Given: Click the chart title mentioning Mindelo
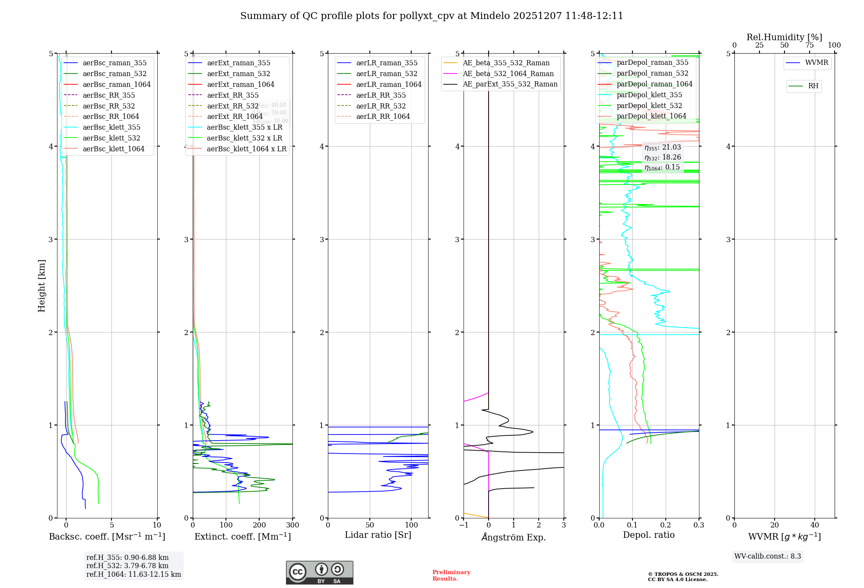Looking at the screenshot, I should (432, 16).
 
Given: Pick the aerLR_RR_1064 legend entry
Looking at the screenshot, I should (383, 117).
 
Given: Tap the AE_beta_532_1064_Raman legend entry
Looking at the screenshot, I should (508, 74).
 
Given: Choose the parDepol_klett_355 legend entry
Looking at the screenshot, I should (649, 95).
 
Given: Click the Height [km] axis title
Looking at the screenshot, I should (41, 286).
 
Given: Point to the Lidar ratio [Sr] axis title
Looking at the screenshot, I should (378, 535).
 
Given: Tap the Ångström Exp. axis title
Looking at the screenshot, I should (514, 537).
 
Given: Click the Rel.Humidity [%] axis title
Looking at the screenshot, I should (784, 37).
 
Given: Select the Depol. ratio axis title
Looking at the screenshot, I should (648, 535).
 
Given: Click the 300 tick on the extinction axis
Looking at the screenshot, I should (293, 525).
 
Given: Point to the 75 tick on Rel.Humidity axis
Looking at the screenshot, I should (810, 45).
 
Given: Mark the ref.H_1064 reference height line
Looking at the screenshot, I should (133, 575).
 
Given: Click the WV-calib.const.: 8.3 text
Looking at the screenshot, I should (768, 556).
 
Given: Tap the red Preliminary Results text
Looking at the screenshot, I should (451, 575).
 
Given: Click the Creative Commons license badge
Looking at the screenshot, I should (319, 573).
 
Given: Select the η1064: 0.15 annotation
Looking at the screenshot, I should (662, 167).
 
